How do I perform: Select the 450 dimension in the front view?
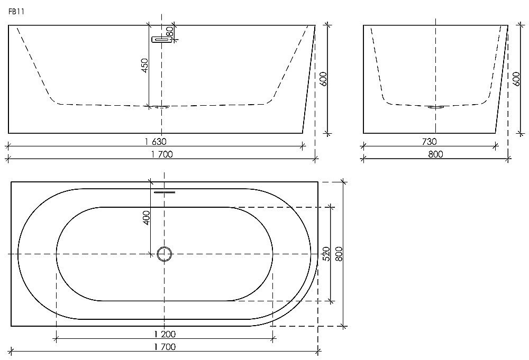point(144,67)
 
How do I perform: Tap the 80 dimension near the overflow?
point(170,32)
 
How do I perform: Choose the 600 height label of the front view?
point(324,80)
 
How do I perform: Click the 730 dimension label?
point(429,142)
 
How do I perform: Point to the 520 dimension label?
point(326,254)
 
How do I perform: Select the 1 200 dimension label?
point(165,334)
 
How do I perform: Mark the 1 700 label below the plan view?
point(165,347)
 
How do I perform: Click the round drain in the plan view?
point(165,254)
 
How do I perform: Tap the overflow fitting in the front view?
point(159,40)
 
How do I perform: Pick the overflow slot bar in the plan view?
point(164,192)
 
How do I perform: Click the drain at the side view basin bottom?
point(435,107)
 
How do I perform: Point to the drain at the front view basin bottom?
point(161,107)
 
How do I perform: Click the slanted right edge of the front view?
point(308,79)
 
